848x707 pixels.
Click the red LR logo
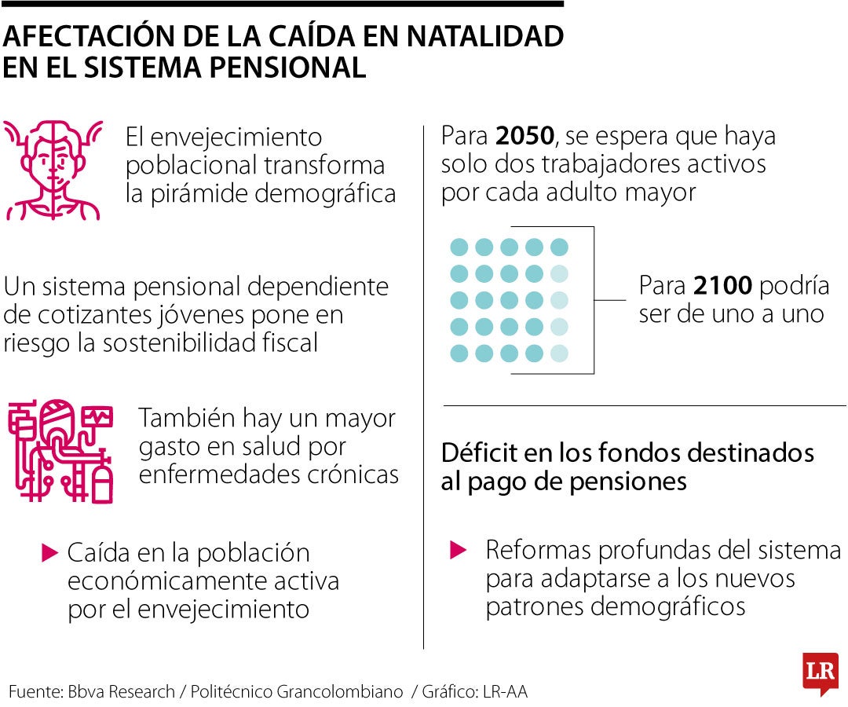820,673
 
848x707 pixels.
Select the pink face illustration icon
53,169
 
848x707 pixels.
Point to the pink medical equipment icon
60,451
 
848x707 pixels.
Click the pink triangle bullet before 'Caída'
50,552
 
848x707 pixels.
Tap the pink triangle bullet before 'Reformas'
458,549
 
